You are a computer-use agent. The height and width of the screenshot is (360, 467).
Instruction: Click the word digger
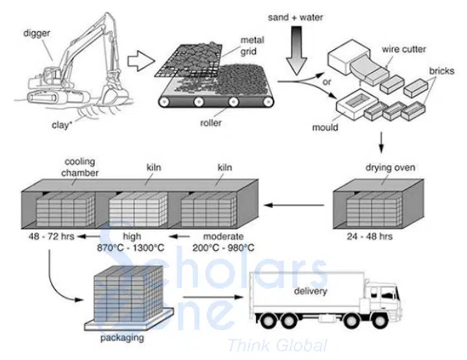click(x=37, y=32)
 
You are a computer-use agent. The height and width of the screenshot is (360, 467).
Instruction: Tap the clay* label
click(x=61, y=124)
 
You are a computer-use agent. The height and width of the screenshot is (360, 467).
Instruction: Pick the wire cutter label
click(x=402, y=52)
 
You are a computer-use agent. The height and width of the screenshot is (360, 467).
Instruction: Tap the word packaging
click(x=122, y=337)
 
